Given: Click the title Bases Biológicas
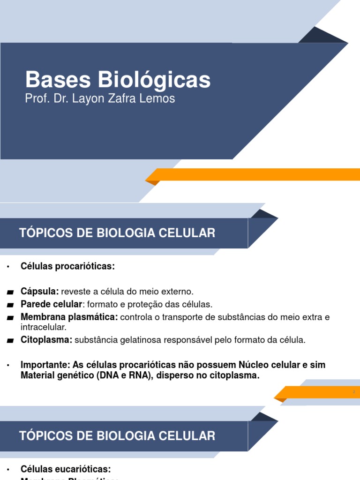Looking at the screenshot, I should coord(118,80).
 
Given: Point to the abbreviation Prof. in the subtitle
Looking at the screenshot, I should coord(35,99).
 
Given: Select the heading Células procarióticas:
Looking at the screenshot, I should coord(67,266).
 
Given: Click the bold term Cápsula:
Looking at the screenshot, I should coord(40,291).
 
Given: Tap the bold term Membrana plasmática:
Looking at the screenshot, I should coord(69,317).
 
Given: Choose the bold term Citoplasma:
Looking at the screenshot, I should coord(46,340).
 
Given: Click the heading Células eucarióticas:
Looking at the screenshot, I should coord(66,469).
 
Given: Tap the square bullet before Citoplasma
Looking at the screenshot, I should coord(10,341).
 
